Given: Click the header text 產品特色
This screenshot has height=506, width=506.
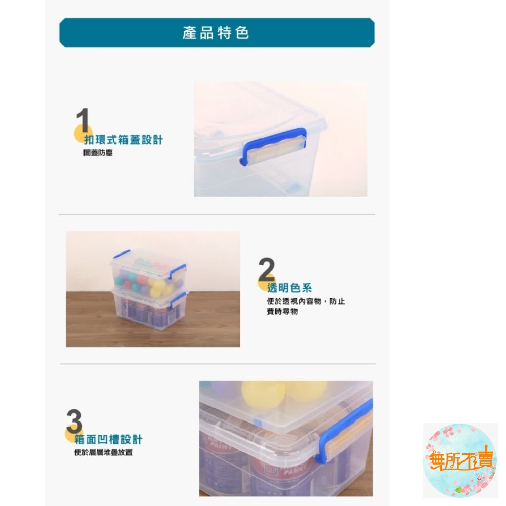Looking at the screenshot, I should pos(216,33).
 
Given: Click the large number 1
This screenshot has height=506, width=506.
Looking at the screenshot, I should pos(82,121).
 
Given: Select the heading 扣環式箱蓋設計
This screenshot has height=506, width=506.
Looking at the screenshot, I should pos(123,140).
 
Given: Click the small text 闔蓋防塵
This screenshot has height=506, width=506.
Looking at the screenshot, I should pos(98,152).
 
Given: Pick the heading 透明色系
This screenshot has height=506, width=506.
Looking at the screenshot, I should pos(289,288).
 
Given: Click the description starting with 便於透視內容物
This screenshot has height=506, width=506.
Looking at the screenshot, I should pos(306,306).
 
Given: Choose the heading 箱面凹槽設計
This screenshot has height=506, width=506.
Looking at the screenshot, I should pos(108,439).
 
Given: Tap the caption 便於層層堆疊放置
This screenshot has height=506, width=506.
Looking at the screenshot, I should pos(103,452).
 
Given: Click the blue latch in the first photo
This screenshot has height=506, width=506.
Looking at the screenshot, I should pos(274,145).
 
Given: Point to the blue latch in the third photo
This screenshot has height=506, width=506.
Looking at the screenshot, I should pos(344,430).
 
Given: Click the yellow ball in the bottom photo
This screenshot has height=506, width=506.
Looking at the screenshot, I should pos(263,393).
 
